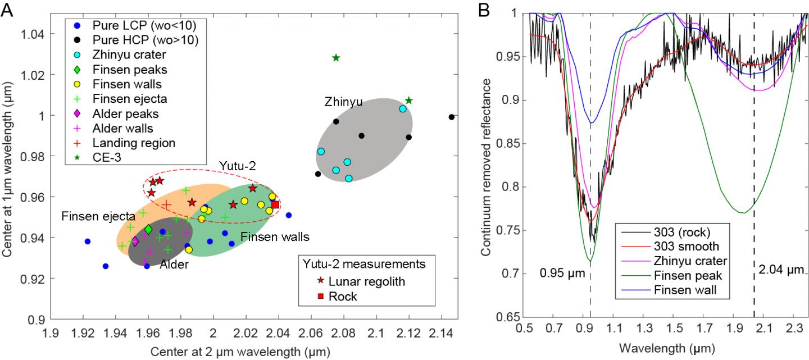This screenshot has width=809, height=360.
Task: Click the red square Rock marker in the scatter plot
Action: coord(275,204)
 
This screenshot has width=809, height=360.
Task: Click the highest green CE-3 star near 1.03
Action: coord(336,58)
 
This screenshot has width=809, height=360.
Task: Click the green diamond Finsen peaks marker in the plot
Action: coord(148,230)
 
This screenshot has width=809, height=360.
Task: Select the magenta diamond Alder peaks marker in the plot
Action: coord(135,241)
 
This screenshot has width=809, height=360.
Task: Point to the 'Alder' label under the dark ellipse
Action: coord(174,265)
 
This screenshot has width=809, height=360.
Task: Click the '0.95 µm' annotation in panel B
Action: coord(562,274)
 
